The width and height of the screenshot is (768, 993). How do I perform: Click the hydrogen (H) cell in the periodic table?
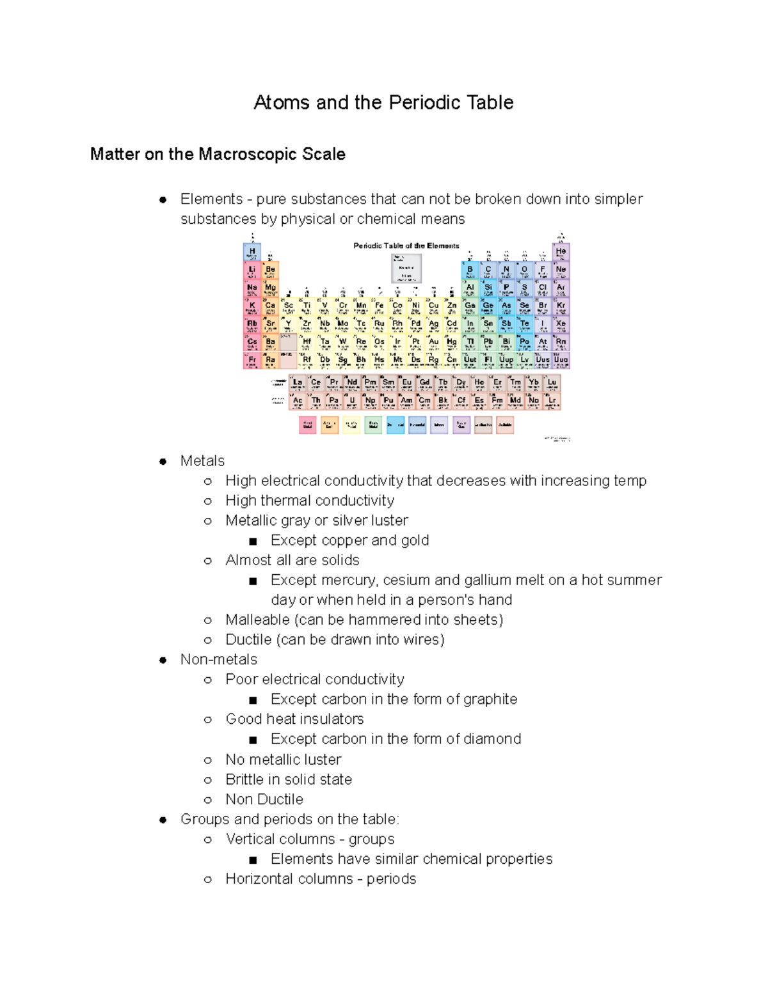[x=252, y=252]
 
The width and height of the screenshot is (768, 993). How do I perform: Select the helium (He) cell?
[x=561, y=252]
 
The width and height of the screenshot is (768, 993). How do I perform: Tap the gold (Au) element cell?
[x=434, y=342]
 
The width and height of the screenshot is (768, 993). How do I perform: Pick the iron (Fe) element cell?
[x=380, y=306]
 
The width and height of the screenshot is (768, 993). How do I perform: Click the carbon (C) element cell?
[x=488, y=270]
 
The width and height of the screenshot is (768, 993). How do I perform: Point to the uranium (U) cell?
[x=352, y=401]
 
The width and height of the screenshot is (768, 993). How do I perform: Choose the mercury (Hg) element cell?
[x=452, y=342]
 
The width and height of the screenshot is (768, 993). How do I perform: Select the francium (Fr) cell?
[x=252, y=360]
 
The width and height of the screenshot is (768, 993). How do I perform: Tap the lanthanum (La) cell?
[x=298, y=383]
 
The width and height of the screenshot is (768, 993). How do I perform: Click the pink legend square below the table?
[x=308, y=425]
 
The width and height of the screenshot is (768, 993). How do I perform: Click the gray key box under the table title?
[x=406, y=268]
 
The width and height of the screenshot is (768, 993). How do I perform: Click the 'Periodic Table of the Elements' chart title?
[x=406, y=246]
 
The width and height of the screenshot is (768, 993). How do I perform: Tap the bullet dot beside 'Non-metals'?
[x=163, y=660]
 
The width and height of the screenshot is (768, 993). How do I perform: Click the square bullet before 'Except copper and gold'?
[x=253, y=541]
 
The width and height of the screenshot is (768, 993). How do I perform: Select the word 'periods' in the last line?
[x=391, y=879]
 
